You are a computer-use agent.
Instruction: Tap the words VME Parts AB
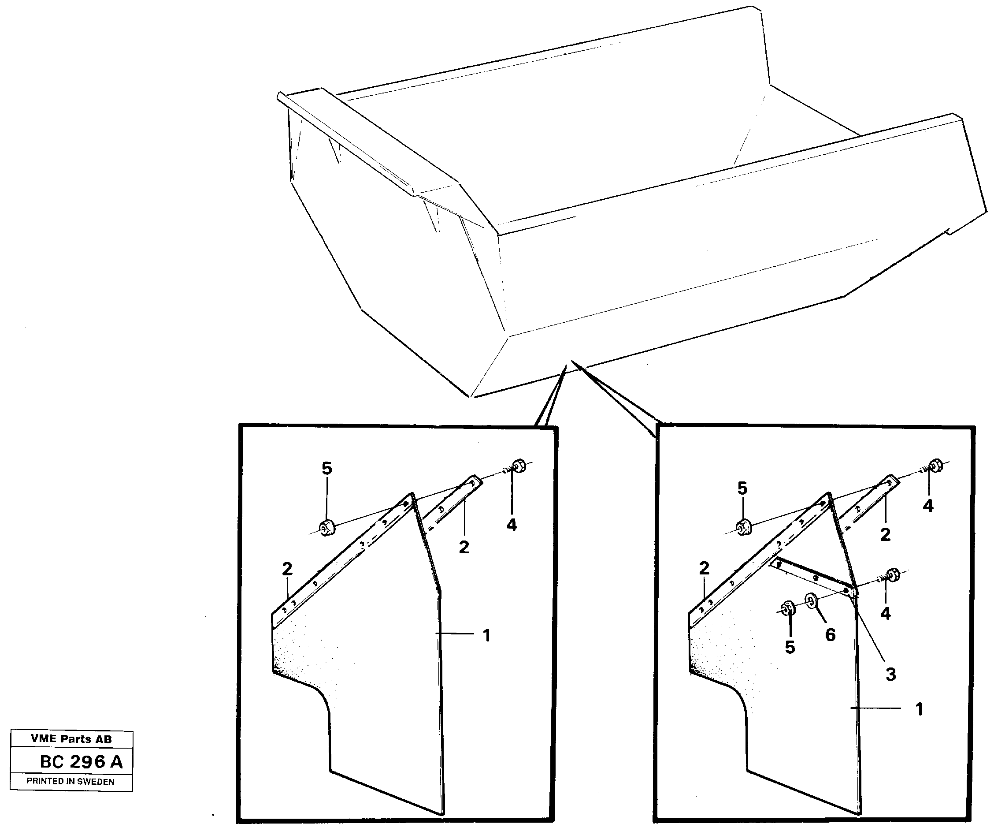(71, 739)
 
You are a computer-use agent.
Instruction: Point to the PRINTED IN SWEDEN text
(70, 782)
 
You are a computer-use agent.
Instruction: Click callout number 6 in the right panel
(830, 635)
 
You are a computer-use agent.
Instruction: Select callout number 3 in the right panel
(890, 674)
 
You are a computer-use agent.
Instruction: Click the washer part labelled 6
(811, 602)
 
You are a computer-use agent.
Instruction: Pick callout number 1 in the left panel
(486, 636)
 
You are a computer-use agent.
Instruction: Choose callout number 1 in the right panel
(919, 709)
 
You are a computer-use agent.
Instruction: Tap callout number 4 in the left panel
(511, 525)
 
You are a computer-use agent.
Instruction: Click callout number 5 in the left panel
(326, 468)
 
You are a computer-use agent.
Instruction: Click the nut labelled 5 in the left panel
(326, 527)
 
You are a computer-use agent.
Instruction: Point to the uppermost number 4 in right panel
(928, 506)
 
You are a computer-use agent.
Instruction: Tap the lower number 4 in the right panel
(886, 613)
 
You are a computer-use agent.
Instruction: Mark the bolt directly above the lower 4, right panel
(891, 575)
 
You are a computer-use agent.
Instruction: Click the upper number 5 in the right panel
(742, 488)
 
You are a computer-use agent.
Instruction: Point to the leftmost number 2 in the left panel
(287, 569)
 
